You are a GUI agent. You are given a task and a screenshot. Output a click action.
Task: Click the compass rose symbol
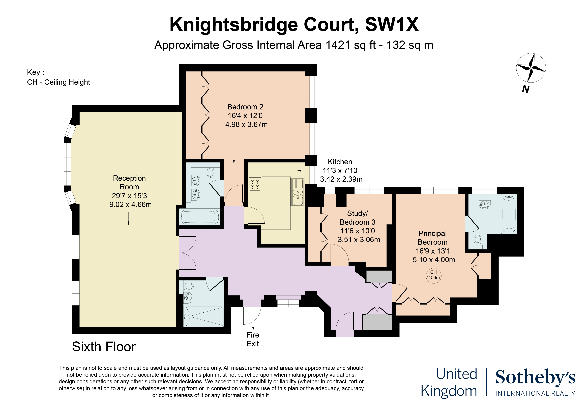click(531, 68)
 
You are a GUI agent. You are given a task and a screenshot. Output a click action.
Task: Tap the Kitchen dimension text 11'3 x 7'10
click(340, 171)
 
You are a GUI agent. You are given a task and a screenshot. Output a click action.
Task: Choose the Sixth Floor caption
click(104, 347)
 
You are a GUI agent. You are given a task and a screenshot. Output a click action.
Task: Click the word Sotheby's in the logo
click(535, 377)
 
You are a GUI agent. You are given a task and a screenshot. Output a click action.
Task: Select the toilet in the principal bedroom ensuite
click(477, 242)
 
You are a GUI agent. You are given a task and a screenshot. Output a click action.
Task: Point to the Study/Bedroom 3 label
click(358, 218)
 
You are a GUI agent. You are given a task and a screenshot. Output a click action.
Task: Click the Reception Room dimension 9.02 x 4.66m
click(130, 204)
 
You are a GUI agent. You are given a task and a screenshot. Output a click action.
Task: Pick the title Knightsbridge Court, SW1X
click(294, 25)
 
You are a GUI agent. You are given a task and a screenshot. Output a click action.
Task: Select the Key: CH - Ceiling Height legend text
click(58, 77)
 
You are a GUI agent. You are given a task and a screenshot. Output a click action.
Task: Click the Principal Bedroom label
click(433, 238)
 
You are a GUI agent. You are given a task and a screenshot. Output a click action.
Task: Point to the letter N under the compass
click(525, 89)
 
